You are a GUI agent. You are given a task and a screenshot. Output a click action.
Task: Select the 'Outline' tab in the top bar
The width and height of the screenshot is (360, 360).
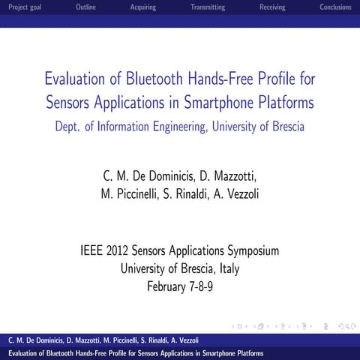click(x=86, y=7)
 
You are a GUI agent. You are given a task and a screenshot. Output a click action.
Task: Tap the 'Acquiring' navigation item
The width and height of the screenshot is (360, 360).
click(x=142, y=7)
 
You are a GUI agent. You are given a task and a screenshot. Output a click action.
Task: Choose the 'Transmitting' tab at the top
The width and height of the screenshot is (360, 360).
click(x=208, y=7)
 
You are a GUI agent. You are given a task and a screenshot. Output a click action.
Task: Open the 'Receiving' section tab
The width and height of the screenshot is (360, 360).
click(x=271, y=7)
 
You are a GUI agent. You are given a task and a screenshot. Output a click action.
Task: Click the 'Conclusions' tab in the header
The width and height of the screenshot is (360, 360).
click(x=335, y=7)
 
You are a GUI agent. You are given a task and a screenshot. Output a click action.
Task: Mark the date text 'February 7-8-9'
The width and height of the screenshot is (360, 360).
click(x=180, y=286)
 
